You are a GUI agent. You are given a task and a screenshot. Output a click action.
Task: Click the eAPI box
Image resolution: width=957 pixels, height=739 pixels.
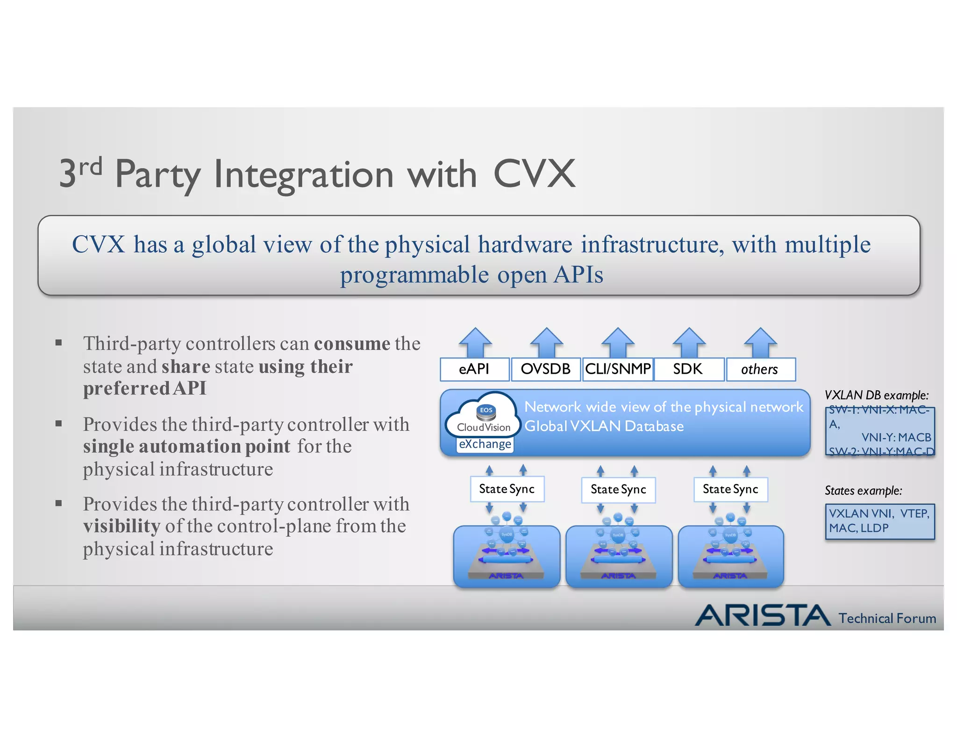(x=474, y=369)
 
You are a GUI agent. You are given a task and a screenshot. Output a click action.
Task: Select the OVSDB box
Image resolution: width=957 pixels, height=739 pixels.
(x=546, y=369)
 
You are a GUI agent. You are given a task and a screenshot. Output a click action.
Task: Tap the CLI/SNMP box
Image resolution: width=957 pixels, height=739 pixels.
(x=618, y=369)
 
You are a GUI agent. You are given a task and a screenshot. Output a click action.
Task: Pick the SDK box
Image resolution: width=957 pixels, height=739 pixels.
(x=689, y=369)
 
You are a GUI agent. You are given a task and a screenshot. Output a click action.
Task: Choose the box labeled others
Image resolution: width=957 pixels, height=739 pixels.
(x=760, y=369)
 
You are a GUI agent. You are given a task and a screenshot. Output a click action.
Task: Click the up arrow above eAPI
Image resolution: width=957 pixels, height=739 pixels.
(x=475, y=342)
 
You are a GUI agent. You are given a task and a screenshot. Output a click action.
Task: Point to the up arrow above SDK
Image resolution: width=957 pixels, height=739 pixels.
(x=689, y=342)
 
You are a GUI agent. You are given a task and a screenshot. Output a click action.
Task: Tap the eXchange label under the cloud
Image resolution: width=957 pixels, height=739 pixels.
(x=485, y=444)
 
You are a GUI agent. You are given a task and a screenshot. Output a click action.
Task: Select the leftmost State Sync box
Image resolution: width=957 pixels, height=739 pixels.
(x=507, y=489)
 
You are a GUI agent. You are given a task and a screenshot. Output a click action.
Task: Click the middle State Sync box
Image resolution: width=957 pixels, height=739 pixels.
(x=618, y=490)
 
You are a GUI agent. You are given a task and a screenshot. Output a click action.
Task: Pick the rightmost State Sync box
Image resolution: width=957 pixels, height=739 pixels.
(x=730, y=489)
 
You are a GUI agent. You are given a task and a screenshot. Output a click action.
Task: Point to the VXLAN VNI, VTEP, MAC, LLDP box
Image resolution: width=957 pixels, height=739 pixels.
(x=879, y=521)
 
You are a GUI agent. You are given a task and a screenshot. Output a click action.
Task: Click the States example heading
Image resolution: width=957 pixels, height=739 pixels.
(x=863, y=490)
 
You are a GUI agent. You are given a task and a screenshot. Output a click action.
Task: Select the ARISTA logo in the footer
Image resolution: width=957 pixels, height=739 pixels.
(x=762, y=615)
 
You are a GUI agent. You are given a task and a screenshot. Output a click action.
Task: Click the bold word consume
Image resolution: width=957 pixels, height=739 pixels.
(x=352, y=344)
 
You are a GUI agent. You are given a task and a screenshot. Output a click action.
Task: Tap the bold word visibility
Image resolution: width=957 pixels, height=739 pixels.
(x=121, y=526)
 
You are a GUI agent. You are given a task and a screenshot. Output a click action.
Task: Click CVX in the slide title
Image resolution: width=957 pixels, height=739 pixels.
(x=534, y=174)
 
